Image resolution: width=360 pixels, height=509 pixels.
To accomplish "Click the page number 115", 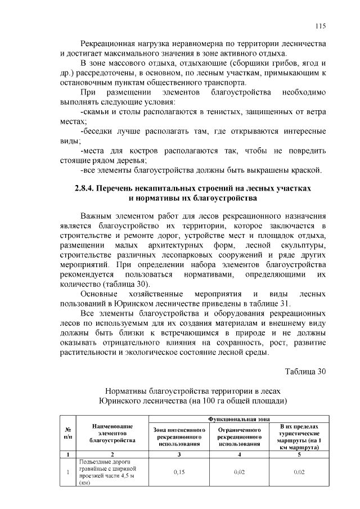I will [x=321, y=26].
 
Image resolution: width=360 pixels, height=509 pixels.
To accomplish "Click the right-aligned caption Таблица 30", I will [x=305, y=372].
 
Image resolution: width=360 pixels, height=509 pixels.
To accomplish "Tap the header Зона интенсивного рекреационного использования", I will [x=179, y=437].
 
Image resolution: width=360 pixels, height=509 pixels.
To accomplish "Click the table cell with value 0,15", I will [x=179, y=472].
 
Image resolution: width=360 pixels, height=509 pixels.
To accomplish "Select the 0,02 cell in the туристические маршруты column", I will [x=298, y=472].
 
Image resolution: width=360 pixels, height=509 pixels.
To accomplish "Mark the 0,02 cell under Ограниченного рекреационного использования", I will [x=240, y=472].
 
